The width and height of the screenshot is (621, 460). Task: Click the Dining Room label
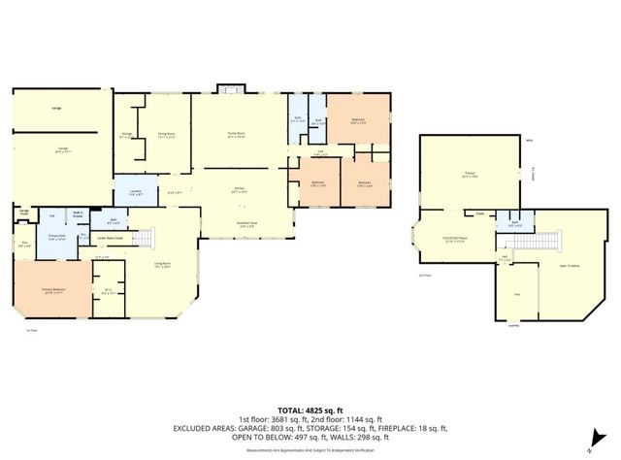[166, 135]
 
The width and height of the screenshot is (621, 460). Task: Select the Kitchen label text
[238, 190]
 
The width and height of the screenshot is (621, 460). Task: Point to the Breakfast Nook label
[247, 224]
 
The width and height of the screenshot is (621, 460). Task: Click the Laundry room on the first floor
[136, 191]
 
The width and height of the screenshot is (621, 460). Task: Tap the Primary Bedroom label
[51, 290]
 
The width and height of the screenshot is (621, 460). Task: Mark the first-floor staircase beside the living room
[143, 237]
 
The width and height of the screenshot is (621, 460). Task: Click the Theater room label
[469, 176]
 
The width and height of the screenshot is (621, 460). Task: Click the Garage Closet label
[23, 212]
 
